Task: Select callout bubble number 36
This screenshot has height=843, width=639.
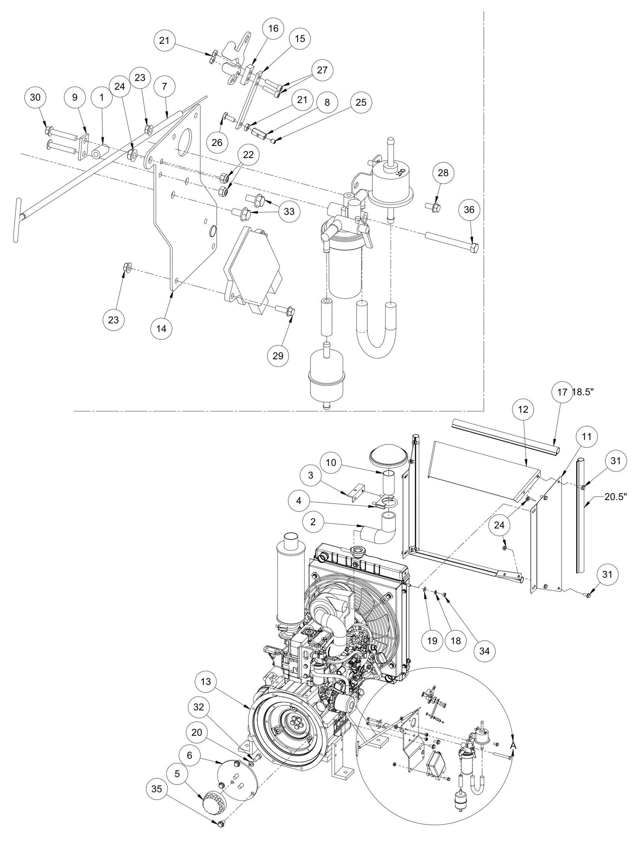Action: [469, 209]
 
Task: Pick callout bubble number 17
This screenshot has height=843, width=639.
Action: [562, 392]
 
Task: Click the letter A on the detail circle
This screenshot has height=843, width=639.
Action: [513, 745]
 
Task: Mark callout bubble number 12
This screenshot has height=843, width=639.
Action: [523, 410]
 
